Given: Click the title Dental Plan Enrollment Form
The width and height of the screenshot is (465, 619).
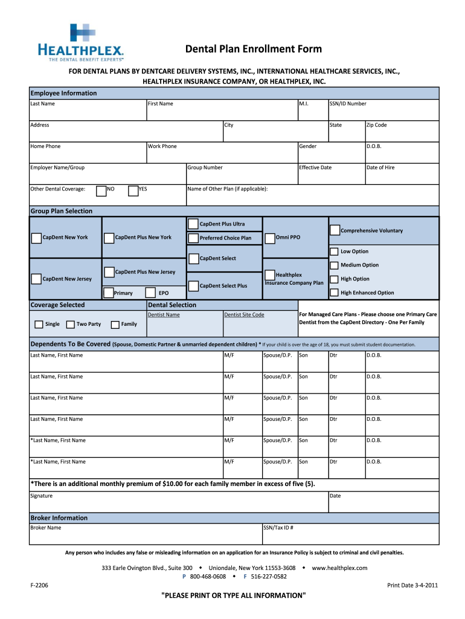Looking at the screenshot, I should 253,49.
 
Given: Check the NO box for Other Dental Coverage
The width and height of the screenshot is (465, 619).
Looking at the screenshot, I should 101,191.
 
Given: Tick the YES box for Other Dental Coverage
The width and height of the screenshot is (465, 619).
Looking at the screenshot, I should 133,191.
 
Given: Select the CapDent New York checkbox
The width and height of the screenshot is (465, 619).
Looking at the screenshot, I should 36,238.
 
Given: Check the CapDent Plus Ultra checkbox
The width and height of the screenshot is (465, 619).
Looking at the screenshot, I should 193,224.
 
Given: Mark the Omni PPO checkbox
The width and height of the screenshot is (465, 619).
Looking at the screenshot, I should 270,239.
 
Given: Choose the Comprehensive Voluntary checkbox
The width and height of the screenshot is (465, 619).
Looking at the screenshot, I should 335,230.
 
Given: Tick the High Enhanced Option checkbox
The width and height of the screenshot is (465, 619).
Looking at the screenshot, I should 335,293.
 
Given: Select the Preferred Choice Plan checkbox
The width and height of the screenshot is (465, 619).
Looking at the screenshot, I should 193,238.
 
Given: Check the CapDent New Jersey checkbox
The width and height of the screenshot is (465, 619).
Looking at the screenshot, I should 36,279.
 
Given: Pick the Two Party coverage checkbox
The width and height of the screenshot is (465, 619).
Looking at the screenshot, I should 70,325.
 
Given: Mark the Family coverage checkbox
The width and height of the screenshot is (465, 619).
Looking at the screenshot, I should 115,325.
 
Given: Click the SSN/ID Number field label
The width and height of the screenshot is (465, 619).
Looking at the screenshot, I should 347,104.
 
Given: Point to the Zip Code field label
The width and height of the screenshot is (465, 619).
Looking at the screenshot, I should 376,125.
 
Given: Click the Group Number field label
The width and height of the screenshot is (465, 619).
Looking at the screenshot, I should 205,167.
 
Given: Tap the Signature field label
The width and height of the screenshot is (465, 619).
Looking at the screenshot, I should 42,496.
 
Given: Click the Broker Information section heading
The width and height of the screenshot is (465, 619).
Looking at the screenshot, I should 59,518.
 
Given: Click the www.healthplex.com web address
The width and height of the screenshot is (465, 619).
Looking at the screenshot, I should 339,568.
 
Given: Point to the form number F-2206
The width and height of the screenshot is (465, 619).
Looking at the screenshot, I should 39,585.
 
